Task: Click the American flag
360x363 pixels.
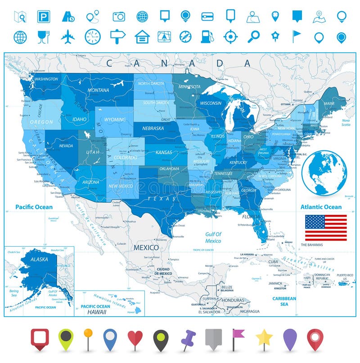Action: point(326,227)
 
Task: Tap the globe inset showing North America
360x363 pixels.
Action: point(324,173)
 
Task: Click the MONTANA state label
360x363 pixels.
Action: point(99,90)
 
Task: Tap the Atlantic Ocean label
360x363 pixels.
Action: point(321,207)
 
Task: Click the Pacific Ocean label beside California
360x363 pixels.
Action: point(34,207)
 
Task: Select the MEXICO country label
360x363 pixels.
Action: point(145,248)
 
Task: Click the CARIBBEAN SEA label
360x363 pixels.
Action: point(284,301)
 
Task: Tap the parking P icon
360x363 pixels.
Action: point(44,17)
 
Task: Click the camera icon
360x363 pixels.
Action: point(118,17)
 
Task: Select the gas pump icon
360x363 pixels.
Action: point(206,36)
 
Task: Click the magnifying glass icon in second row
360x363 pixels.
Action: point(254,36)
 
